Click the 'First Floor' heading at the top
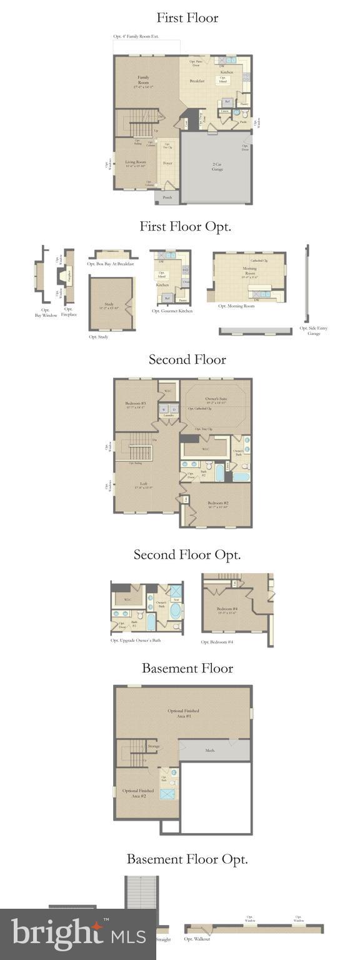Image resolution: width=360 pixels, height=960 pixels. point(187,17)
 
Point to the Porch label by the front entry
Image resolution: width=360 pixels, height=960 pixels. point(167,197)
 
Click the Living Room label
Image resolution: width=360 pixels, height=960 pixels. point(135,164)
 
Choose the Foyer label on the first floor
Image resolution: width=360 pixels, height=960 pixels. point(167,163)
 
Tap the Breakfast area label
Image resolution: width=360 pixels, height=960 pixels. point(197,81)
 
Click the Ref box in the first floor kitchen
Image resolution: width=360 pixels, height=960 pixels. point(227,101)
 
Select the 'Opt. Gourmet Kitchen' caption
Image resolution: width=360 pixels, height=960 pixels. point(172,311)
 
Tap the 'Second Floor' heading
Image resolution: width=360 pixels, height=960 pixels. point(187,359)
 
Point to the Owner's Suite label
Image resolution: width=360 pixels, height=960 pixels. point(216,400)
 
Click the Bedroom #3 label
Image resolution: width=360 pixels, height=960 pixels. point(135,404)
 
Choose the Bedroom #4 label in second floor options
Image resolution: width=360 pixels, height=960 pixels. point(227,610)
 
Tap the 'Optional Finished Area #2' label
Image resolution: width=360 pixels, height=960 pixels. point(138,793)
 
